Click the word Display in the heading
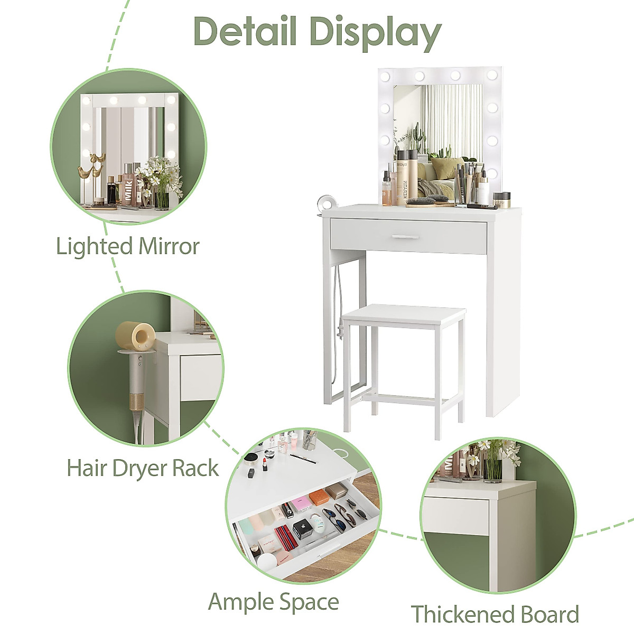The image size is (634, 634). coord(375,32)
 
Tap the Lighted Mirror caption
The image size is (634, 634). coord(128,247)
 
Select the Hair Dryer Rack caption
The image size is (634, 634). coord(143,468)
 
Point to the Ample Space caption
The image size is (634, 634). coord(273,602)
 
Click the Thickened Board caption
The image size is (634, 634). coord(495,614)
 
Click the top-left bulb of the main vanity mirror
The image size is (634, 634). coord(385,76)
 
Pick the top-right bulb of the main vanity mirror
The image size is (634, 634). coord(492,75)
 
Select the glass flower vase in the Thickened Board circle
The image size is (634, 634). coord(493,469)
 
